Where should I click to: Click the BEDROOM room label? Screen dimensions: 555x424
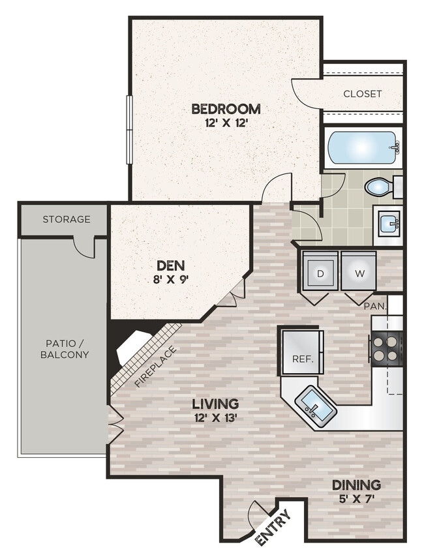pyautogui.click(x=226, y=108)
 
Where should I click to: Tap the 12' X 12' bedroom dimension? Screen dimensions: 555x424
pyautogui.click(x=226, y=122)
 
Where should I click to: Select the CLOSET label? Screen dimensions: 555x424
pyautogui.click(x=362, y=94)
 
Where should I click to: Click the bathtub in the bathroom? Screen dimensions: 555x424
pyautogui.click(x=362, y=148)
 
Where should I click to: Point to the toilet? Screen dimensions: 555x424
pyautogui.click(x=380, y=187)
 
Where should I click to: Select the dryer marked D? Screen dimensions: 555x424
pyautogui.click(x=320, y=273)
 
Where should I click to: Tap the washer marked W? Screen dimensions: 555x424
pyautogui.click(x=359, y=273)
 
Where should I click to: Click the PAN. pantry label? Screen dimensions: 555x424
pyautogui.click(x=376, y=305)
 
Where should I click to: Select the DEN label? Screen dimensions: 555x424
pyautogui.click(x=171, y=265)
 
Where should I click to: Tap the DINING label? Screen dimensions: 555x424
pyautogui.click(x=356, y=485)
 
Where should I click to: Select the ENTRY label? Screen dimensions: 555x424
pyautogui.click(x=273, y=527)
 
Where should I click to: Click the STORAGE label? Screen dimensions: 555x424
pyautogui.click(x=67, y=219)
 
